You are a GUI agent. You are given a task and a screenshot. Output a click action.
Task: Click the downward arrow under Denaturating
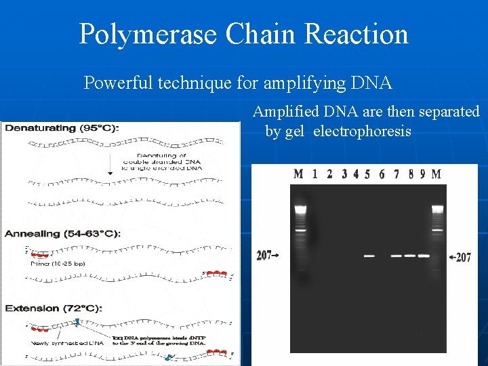[110, 173]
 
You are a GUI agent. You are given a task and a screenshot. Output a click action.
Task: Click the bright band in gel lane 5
[369, 256]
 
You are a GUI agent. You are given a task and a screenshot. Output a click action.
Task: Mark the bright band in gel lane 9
[424, 256]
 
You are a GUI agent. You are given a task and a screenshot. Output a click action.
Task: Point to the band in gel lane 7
[396, 256]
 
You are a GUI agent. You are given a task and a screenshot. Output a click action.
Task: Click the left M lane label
[298, 174]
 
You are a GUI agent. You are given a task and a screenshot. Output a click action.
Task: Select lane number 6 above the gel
[382, 174]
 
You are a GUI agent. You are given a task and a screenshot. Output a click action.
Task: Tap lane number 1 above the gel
[315, 174]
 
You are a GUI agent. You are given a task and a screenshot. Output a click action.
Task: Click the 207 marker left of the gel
[265, 256]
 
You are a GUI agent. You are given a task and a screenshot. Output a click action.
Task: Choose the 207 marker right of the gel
[463, 258]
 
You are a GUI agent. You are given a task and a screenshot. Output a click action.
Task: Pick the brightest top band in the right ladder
[437, 208]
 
